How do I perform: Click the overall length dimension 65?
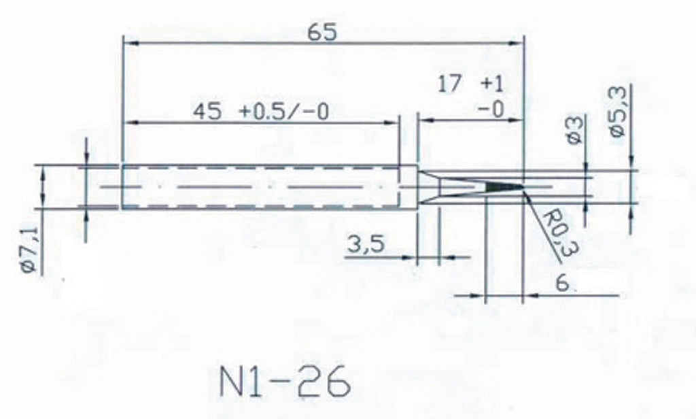point(322,32)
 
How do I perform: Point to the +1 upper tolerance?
point(493,85)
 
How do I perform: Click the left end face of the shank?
point(122,186)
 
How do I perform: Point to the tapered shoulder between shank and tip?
point(428,186)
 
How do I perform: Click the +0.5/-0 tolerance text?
point(284,112)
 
